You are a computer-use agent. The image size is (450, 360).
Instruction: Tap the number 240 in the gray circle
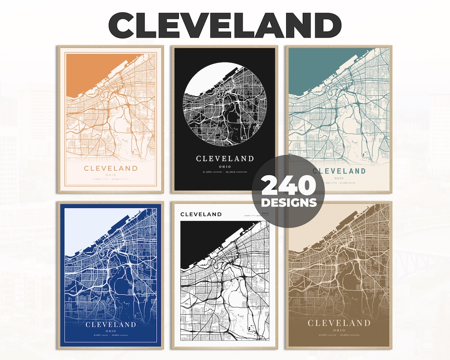289,187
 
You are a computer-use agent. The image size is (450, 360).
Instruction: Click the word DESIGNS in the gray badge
289,203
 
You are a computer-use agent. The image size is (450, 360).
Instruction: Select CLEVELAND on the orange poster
110,168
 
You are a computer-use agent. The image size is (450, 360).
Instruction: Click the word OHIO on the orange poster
110,175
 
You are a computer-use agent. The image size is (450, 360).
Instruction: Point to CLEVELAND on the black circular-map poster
225,158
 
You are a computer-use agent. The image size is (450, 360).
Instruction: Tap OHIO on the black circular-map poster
225,165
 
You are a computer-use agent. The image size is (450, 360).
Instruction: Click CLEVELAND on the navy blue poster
110,325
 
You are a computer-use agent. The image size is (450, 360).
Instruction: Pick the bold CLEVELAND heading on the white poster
201,214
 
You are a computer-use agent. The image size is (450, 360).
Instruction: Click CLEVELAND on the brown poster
339,323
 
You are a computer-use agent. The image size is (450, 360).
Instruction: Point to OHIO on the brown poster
339,330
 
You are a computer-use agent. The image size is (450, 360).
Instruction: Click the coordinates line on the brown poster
339,335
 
